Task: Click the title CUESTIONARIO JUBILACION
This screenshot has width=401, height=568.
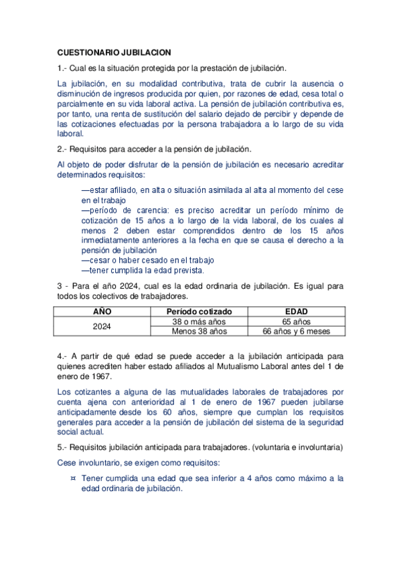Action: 114,52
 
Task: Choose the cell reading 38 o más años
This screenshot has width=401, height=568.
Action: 199,322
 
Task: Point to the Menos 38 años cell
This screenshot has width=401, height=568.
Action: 199,331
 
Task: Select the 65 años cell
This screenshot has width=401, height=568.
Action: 295,322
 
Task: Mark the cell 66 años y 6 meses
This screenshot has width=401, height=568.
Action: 295,331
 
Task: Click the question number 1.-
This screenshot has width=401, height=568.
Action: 62,68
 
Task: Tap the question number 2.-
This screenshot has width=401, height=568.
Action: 62,149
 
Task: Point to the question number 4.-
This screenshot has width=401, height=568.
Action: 62,356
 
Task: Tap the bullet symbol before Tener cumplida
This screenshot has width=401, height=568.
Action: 72,479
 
